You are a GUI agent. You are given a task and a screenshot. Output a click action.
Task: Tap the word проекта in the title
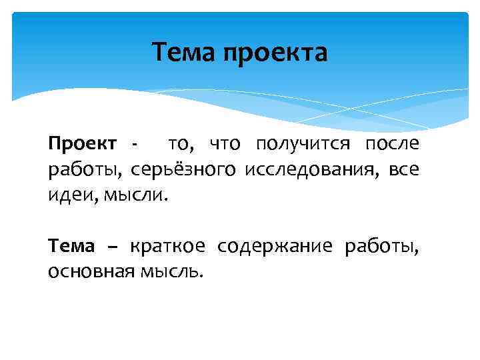point(275,53)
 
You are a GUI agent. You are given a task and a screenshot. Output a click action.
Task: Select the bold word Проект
point(82,143)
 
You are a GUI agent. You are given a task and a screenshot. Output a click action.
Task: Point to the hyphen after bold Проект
point(135,145)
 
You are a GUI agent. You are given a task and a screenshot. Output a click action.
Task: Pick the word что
point(228,143)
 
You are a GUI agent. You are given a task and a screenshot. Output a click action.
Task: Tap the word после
point(392,143)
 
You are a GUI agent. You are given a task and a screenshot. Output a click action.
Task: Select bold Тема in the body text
point(71,246)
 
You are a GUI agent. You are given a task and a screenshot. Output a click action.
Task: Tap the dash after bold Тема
point(111,247)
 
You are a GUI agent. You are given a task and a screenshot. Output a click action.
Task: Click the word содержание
point(279,247)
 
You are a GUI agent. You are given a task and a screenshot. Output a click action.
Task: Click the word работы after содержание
point(381,247)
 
